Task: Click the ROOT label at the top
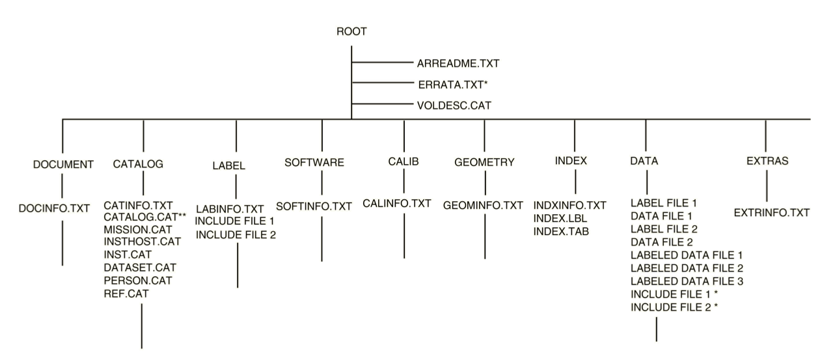click(x=351, y=31)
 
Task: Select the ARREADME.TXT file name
click(x=458, y=64)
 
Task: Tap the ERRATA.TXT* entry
click(x=453, y=85)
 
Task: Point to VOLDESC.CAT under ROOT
click(x=454, y=105)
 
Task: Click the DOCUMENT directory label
click(x=63, y=165)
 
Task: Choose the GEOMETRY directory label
click(x=484, y=162)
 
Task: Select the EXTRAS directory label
click(x=767, y=161)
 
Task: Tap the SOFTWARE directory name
click(x=314, y=162)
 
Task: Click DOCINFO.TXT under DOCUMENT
click(x=54, y=208)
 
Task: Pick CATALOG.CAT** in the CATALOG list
click(x=145, y=217)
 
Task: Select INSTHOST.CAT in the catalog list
click(x=143, y=242)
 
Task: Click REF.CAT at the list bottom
click(x=126, y=294)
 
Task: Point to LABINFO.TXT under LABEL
click(x=230, y=208)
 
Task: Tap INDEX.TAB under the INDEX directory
click(x=561, y=231)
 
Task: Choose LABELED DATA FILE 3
click(x=687, y=281)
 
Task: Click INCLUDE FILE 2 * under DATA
click(x=674, y=307)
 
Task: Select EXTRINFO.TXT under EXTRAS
click(x=772, y=213)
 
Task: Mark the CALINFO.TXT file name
click(x=397, y=203)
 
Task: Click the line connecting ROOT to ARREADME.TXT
click(x=383, y=62)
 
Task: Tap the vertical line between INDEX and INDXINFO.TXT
click(x=575, y=182)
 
